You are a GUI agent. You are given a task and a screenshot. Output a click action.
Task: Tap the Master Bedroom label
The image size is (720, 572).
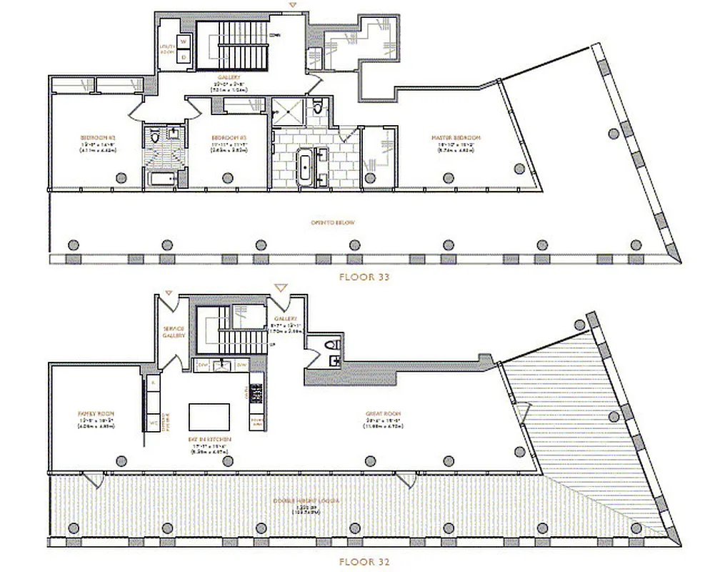[455, 137]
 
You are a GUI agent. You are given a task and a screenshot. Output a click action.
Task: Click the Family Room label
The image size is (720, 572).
[96, 414]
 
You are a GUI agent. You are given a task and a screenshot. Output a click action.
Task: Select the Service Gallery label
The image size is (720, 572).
[174, 332]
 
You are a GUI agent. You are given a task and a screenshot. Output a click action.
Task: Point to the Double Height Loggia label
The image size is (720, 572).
[309, 500]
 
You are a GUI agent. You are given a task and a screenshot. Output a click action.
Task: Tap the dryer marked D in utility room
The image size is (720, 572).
[183, 56]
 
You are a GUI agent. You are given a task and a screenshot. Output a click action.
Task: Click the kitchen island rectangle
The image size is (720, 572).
[209, 417]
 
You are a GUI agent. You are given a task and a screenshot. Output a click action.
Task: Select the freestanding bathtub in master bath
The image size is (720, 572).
[306, 164]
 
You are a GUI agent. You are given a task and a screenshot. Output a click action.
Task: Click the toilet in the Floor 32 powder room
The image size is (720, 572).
[331, 346]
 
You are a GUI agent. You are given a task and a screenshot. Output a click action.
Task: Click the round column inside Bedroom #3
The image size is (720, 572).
[226, 178]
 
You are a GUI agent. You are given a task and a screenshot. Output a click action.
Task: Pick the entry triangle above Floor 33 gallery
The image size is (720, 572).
[290, 6]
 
